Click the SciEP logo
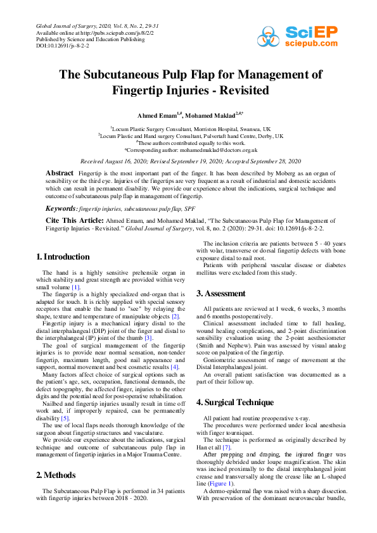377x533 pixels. [x=297, y=37]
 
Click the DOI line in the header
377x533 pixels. [x=62, y=46]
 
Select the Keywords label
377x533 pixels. [x=61, y=208]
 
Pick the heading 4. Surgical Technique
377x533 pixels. [x=235, y=402]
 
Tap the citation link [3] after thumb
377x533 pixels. [x=148, y=337]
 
